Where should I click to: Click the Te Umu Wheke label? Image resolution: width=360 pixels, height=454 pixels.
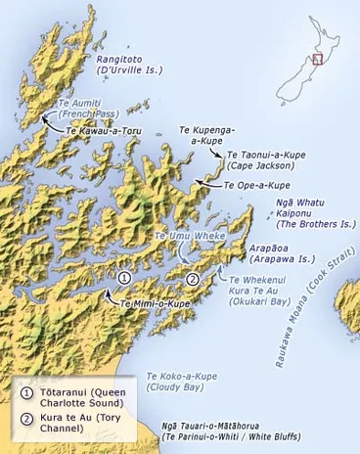[190, 237]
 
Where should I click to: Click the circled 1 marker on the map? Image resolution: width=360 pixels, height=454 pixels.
[123, 279]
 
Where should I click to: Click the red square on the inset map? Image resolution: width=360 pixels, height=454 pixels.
[316, 59]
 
